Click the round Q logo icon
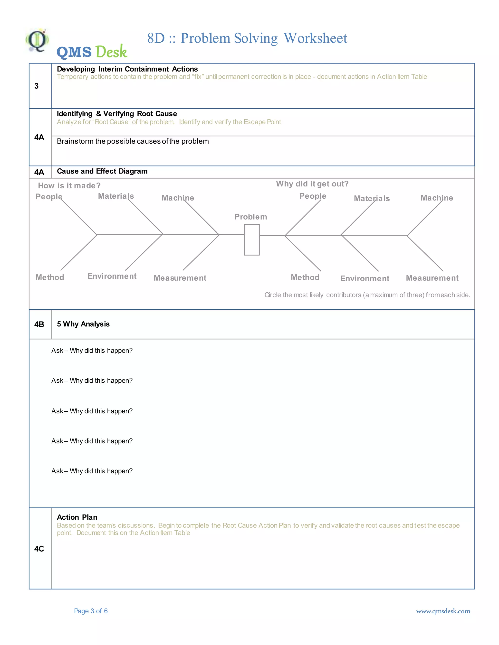click(x=37, y=40)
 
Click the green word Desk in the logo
click(x=111, y=52)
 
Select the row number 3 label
click(x=36, y=86)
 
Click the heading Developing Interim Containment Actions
click(x=127, y=69)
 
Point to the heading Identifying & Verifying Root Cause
click(x=117, y=114)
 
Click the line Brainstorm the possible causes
click(x=133, y=141)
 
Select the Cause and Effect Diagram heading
click(x=102, y=171)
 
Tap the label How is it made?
click(x=69, y=185)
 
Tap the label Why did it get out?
click(x=312, y=184)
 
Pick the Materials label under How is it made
click(x=116, y=196)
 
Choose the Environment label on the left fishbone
click(x=112, y=276)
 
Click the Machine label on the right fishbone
click(x=437, y=198)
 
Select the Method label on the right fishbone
click(x=305, y=277)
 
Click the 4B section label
click(x=39, y=324)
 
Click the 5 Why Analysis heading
click(x=83, y=324)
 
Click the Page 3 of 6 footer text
click(x=91, y=611)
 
